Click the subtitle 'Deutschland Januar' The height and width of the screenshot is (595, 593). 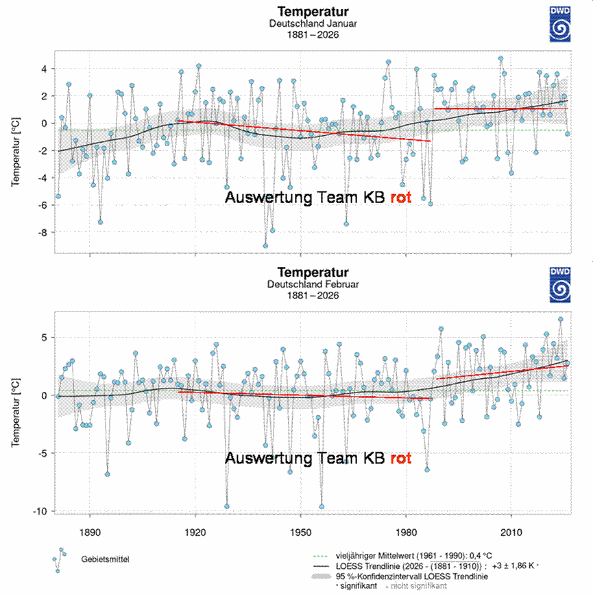(303, 23)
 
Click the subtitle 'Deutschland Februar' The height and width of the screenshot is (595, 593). (303, 285)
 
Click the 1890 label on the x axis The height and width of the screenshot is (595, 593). (90, 532)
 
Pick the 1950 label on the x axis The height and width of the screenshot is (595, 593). (300, 532)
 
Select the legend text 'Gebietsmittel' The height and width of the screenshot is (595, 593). (105, 559)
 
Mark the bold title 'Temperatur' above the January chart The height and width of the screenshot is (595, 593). (304, 11)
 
